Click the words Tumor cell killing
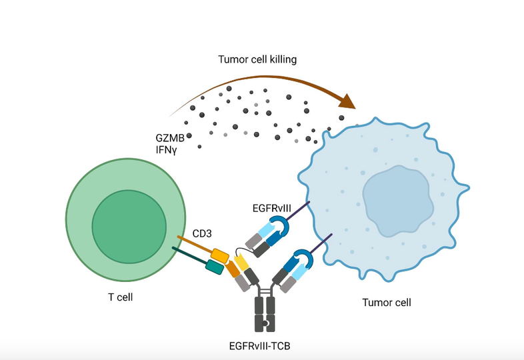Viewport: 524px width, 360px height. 257,59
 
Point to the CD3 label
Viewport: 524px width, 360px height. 203,233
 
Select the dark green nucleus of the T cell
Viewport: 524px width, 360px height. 129,224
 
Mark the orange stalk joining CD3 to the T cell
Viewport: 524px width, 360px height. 193,244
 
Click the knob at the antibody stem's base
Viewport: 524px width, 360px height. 265,324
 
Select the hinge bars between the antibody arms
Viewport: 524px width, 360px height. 265,292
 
